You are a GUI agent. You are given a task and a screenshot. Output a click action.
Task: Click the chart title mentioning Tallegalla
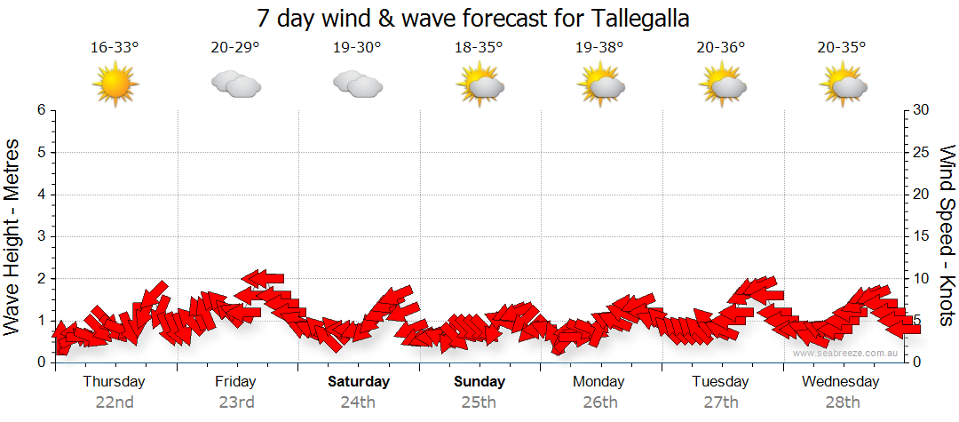point(472,18)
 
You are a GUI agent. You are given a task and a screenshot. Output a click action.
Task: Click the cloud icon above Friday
point(235,84)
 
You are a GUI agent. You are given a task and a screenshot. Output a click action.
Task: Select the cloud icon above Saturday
point(357,84)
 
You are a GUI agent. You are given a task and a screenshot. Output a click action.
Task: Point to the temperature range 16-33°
point(115,48)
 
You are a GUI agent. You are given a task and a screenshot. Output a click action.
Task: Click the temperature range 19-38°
point(599,48)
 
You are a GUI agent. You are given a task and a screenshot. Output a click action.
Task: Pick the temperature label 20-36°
point(720,48)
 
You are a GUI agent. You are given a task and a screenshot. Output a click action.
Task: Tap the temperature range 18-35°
point(479,48)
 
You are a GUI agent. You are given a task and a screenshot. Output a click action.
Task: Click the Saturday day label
point(359,382)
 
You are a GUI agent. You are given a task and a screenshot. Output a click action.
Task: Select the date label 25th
point(479,402)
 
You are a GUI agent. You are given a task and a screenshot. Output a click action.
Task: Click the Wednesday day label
point(840,382)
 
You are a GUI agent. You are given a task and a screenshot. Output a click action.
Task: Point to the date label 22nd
point(115,402)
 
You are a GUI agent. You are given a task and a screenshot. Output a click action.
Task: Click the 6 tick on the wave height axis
point(40,110)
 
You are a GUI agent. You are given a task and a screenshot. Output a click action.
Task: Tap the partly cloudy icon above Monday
point(600,84)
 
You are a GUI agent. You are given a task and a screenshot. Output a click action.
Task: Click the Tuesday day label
point(720,382)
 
